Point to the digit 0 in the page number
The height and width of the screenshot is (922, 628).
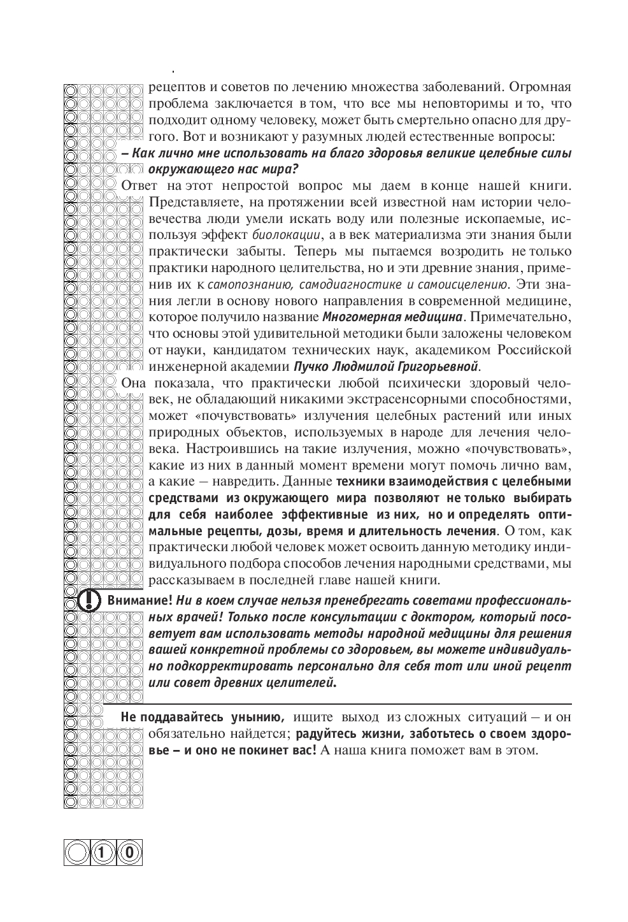[129, 852]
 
